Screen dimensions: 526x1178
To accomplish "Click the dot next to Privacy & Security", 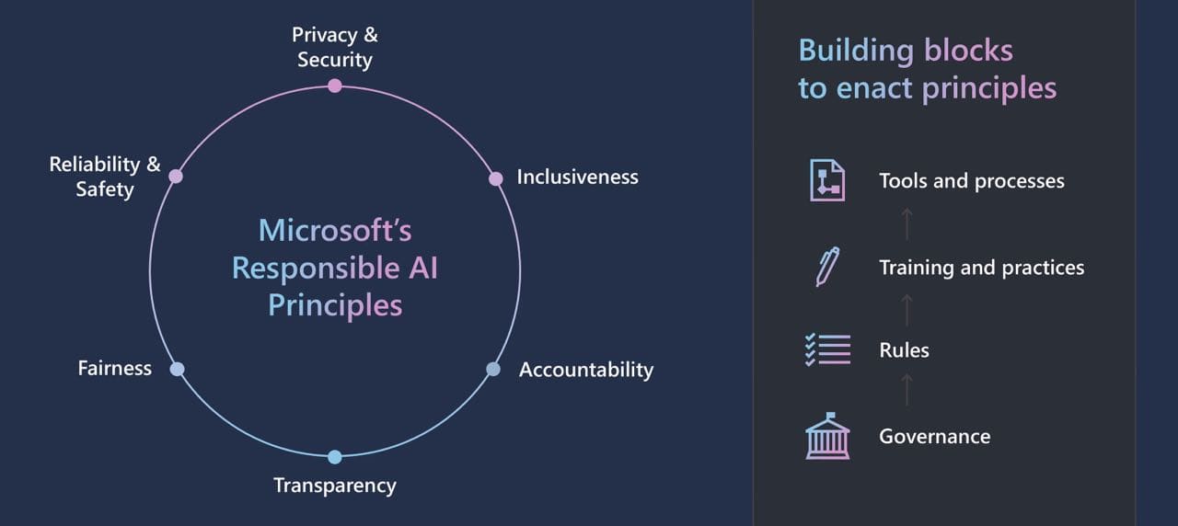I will click(x=335, y=86).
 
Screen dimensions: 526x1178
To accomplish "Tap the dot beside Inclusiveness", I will click(x=496, y=178).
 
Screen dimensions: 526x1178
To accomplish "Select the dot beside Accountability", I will click(x=493, y=369).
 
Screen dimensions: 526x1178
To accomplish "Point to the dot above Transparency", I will click(x=335, y=457).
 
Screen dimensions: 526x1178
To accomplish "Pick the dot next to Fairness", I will click(x=177, y=369).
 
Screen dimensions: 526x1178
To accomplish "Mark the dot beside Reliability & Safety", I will click(x=176, y=176).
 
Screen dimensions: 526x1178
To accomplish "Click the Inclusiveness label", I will click(x=577, y=177).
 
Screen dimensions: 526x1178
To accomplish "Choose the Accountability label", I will click(x=586, y=370).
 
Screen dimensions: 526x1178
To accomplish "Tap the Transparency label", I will click(x=335, y=485).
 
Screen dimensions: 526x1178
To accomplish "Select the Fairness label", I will click(x=115, y=368).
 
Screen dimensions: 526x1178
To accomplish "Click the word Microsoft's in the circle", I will click(x=335, y=230).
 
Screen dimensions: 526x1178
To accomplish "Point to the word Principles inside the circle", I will click(x=335, y=304).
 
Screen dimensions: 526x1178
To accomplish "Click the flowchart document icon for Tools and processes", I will click(x=826, y=180).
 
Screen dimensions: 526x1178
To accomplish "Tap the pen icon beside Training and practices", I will click(x=826, y=266).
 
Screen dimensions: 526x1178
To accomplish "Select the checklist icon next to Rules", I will click(x=826, y=350).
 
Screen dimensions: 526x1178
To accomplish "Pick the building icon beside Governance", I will click(x=826, y=436).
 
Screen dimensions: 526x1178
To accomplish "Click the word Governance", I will click(x=934, y=436).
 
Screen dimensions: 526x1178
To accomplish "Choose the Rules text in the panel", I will click(x=904, y=350).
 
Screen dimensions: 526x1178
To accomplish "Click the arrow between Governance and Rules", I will click(x=907, y=391).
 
